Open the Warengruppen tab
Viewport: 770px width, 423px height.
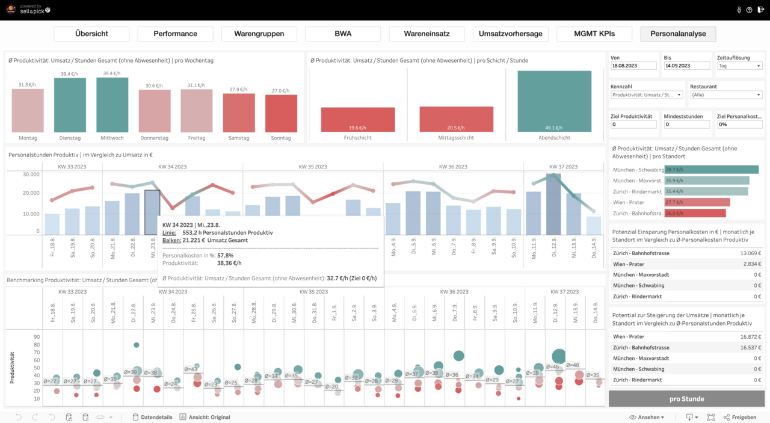pos(259,34)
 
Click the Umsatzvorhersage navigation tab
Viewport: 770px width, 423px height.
pos(510,34)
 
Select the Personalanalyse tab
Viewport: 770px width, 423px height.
pos(678,34)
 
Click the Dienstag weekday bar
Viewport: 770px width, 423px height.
pos(70,105)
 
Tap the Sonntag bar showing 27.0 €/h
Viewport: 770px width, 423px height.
pos(281,114)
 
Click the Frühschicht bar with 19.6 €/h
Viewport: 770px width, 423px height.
pos(357,120)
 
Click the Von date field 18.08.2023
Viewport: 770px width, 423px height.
pos(634,66)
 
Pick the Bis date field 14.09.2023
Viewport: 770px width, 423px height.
pos(686,66)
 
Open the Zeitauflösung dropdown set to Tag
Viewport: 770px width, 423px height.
pos(740,66)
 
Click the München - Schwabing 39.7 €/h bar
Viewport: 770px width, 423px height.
pos(711,170)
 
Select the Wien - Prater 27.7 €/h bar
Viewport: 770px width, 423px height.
pos(697,202)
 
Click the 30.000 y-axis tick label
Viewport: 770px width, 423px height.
pos(31,174)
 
